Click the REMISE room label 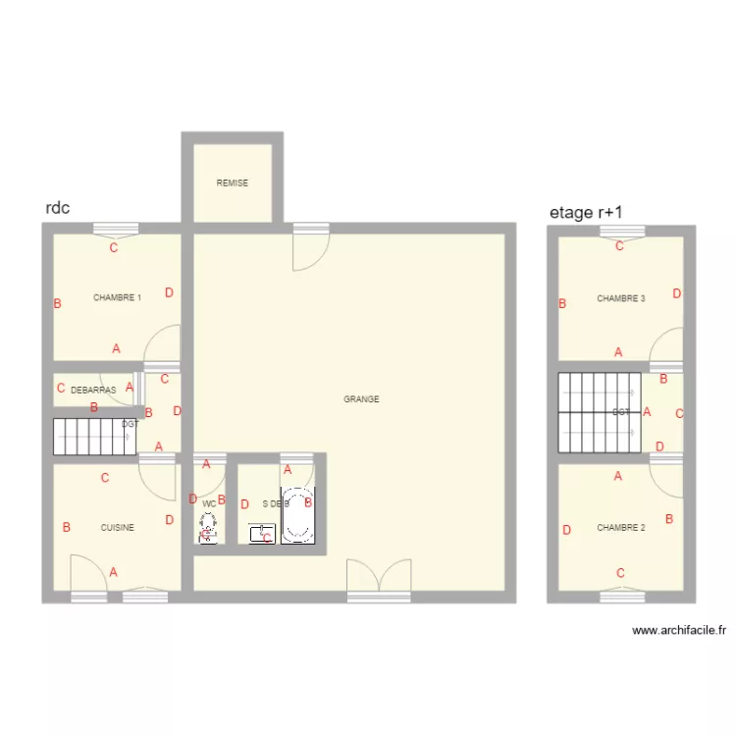click(x=233, y=183)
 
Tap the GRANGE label click(x=361, y=399)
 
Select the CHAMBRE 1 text click(x=117, y=297)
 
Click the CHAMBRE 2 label click(x=620, y=528)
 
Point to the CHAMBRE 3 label click(x=620, y=298)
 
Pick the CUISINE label click(x=117, y=528)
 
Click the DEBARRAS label click(x=93, y=390)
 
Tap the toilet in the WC click(x=208, y=529)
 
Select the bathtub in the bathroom click(x=298, y=514)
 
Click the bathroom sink click(x=262, y=535)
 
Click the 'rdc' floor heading click(x=57, y=209)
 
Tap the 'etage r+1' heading click(x=586, y=212)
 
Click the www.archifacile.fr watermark click(x=678, y=631)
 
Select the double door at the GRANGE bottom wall click(x=379, y=581)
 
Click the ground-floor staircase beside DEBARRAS click(x=93, y=437)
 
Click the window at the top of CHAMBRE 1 click(x=114, y=230)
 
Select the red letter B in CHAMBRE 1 click(x=58, y=304)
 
